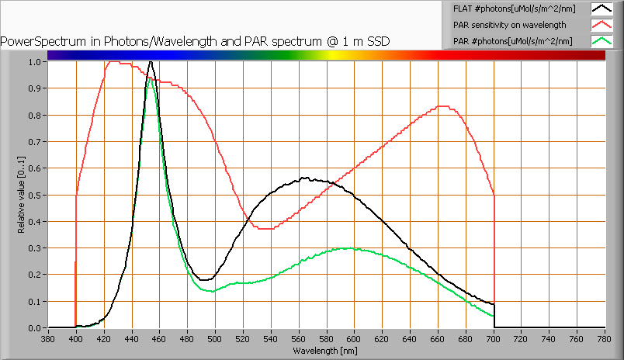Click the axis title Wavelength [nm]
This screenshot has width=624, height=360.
click(x=326, y=351)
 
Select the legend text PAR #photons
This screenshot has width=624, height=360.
click(x=513, y=40)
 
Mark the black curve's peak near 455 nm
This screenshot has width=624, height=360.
click(x=151, y=61)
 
